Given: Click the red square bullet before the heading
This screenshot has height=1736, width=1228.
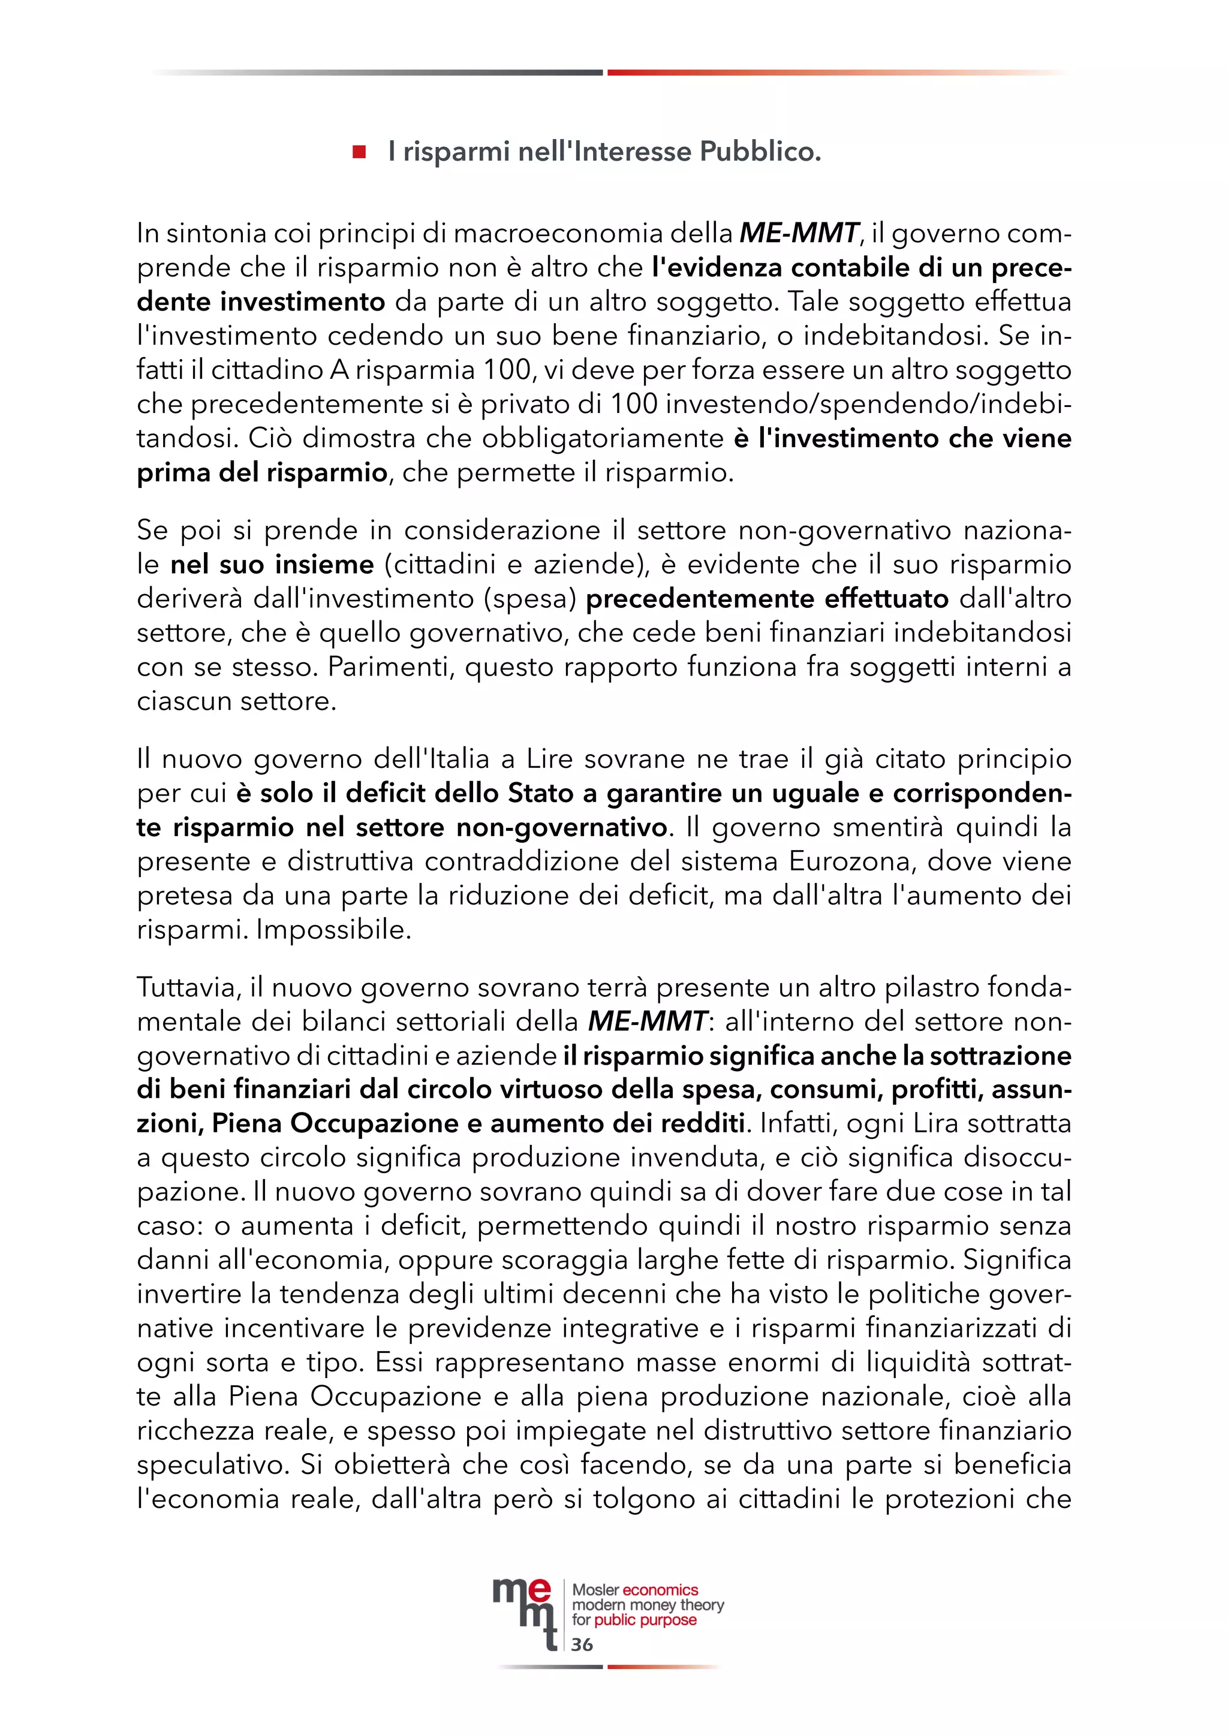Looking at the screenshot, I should pos(359,152).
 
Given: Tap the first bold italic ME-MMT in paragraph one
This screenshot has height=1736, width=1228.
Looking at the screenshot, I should pos(799,233).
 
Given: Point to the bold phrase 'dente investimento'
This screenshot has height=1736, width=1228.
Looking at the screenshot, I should pos(261,302).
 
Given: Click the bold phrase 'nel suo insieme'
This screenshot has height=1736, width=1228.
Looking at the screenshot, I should pos(272,564).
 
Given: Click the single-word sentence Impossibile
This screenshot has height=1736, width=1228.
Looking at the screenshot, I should pos(333,929).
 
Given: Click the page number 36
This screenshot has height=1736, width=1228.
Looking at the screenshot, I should pos(582,1644).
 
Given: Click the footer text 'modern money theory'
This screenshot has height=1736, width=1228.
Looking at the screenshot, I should pos(648,1605).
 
